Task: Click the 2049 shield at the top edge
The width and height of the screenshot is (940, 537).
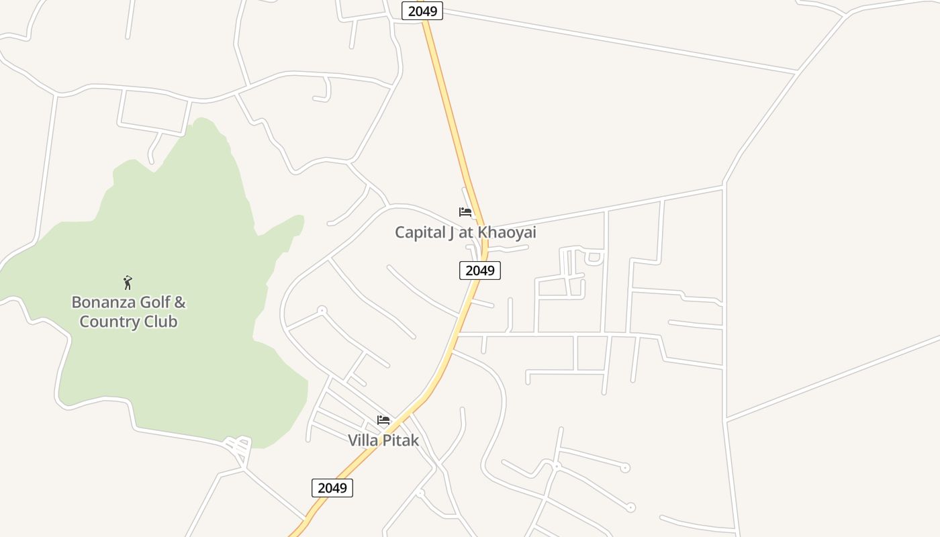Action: (422, 11)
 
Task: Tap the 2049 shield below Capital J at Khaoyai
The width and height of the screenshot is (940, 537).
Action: (480, 271)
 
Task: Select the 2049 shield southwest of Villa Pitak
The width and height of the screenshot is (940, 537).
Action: (332, 488)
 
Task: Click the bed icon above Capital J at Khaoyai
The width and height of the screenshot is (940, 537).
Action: (465, 212)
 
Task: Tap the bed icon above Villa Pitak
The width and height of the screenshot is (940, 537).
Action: (383, 420)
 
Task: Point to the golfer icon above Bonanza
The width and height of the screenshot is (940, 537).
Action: (128, 283)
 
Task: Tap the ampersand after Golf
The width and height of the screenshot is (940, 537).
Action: (180, 302)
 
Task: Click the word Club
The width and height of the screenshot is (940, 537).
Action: (161, 322)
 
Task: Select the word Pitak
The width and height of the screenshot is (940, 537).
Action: (402, 440)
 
